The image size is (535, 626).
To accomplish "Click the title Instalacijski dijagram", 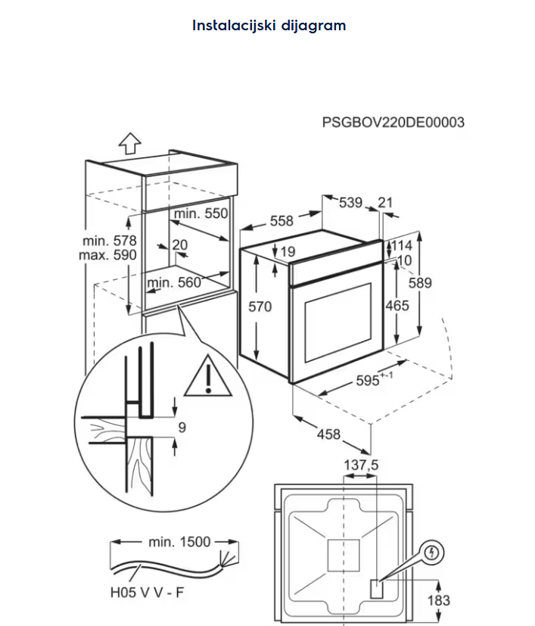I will point(269,26).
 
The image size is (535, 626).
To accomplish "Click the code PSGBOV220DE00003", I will point(393,123).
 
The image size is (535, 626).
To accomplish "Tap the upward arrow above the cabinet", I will point(130,142).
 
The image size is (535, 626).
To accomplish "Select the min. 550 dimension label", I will point(201,214).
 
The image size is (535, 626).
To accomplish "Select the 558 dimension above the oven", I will point(281,221).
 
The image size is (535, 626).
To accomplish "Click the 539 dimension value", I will point(350,202).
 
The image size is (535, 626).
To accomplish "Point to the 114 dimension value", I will point(400,246).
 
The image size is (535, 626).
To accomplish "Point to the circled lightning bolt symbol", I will point(431,553).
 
